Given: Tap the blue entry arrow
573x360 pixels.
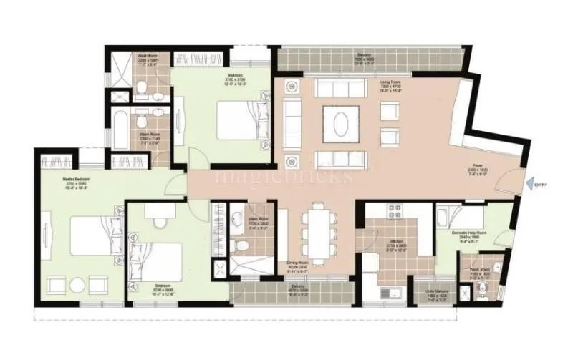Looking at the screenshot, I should tap(529, 185).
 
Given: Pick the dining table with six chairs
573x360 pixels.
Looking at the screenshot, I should tap(316, 230).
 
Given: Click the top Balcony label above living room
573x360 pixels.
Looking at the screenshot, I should tap(365, 57).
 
